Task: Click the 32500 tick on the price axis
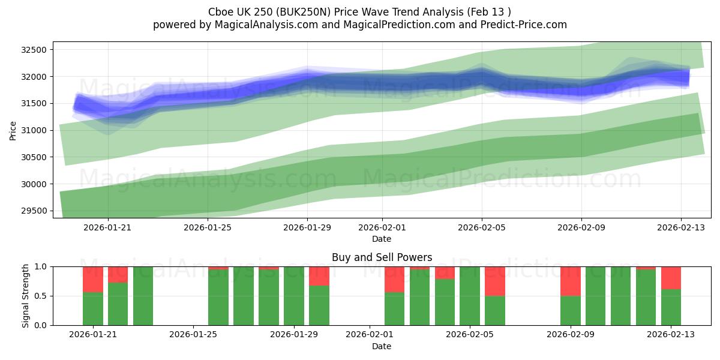[33, 50]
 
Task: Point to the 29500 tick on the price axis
[33, 211]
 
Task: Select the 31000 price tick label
[33, 130]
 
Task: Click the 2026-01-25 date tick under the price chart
[208, 227]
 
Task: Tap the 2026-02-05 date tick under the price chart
[482, 227]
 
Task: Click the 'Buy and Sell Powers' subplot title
[382, 257]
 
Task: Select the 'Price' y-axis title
[13, 130]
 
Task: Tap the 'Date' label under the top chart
[382, 239]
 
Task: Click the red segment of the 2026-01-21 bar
[93, 279]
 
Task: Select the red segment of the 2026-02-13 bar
[671, 278]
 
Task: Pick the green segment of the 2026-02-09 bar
[570, 311]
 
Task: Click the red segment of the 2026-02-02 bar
[394, 279]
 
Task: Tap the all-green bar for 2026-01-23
[143, 296]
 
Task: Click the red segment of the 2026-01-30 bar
[319, 276]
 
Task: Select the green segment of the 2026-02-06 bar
[495, 311]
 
